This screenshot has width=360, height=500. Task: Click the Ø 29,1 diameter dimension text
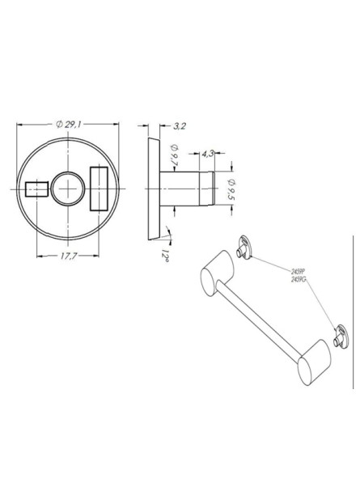(69, 125)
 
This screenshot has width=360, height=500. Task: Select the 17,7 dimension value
(68, 256)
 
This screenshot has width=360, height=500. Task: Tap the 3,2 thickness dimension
(180, 125)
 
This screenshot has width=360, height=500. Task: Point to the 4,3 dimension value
(206, 153)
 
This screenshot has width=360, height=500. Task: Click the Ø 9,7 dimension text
(175, 154)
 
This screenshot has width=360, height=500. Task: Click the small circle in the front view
(68, 189)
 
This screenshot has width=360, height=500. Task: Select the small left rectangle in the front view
(37, 189)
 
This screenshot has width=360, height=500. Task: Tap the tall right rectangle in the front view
(99, 188)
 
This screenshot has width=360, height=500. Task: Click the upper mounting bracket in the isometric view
(243, 248)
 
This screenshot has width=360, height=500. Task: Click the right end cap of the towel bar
(311, 366)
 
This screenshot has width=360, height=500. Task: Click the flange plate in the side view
(151, 189)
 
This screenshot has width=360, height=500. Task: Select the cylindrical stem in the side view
(184, 189)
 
